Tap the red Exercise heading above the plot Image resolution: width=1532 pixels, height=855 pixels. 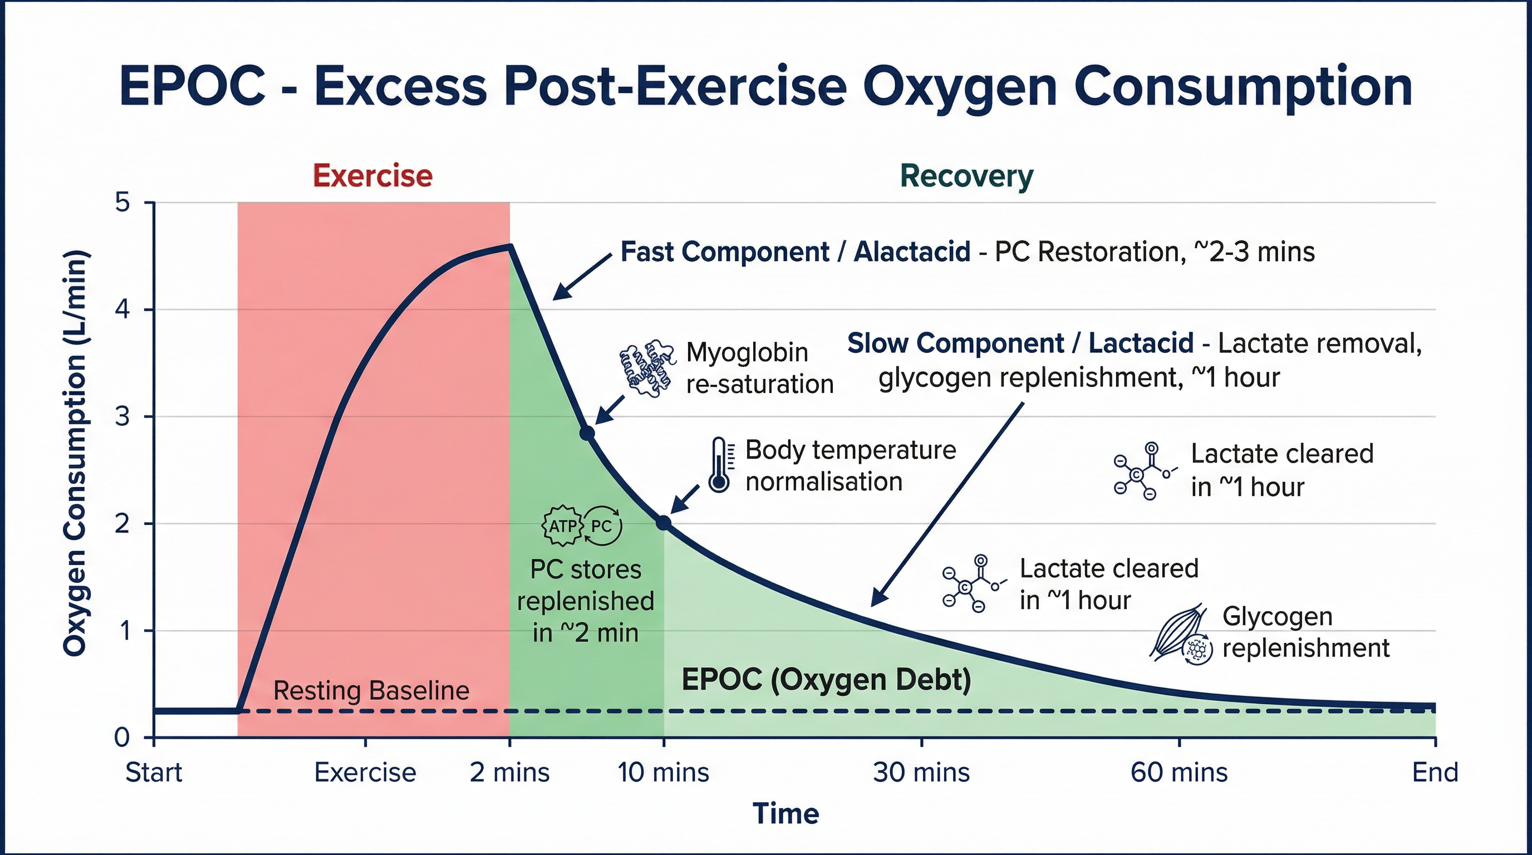coord(372,176)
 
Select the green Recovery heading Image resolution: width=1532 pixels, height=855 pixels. coord(966,176)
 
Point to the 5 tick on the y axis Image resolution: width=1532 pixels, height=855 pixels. coord(122,203)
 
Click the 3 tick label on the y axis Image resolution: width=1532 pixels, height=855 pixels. coord(122,417)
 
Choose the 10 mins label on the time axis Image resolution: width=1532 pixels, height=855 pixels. coord(663,773)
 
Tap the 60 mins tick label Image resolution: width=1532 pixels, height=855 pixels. coord(1179,773)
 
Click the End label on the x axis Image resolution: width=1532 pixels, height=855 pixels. coord(1435,773)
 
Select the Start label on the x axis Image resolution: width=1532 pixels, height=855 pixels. coord(154,773)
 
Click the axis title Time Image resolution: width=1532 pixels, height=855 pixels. coord(785,813)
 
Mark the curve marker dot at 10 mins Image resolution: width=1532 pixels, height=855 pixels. coord(664,523)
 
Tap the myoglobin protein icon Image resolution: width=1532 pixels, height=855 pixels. coord(646,367)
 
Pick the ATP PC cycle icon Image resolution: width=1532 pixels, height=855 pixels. coord(583,525)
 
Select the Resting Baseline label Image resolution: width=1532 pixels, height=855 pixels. coord(371,690)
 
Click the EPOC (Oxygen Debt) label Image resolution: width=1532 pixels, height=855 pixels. coord(826,679)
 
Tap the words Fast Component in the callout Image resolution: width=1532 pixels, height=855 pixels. coord(724,252)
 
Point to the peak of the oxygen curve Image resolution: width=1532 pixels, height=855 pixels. coord(509,245)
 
